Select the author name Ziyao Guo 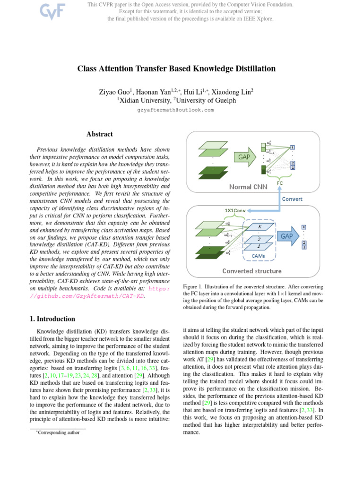coord(113,91)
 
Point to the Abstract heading coord(100,134)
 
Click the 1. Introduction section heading coord(53,319)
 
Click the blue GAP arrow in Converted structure coord(287,235)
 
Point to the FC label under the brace coord(280,182)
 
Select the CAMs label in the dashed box coord(259,256)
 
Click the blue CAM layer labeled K coord(259,227)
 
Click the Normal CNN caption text coord(248,187)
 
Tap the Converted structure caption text coord(252,271)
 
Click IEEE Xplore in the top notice coord(260,19)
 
